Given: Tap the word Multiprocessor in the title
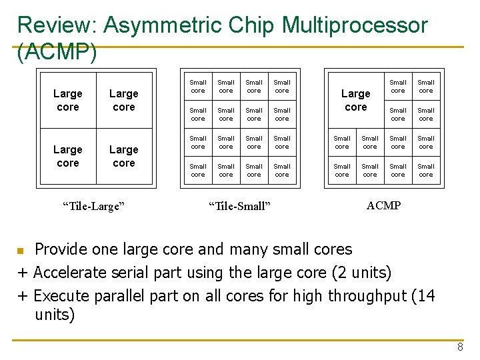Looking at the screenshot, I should (x=355, y=25).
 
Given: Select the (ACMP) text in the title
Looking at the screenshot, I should (x=57, y=52).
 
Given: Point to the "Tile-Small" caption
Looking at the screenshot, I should (x=240, y=206).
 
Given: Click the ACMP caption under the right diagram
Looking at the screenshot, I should (x=383, y=205).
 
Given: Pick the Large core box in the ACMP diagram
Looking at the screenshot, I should (x=356, y=100).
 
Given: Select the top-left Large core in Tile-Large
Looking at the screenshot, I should (x=68, y=100).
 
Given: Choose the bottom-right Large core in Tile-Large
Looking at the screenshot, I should (x=124, y=156).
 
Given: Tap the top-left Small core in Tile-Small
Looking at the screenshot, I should (x=198, y=87).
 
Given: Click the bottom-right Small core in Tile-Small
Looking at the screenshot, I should (x=282, y=171).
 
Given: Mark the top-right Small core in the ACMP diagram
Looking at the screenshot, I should (x=426, y=87).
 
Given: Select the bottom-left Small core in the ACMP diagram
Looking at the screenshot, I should (x=342, y=171).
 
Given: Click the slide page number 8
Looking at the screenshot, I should (x=460, y=347).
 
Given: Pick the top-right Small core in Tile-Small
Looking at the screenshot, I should (x=282, y=87).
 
